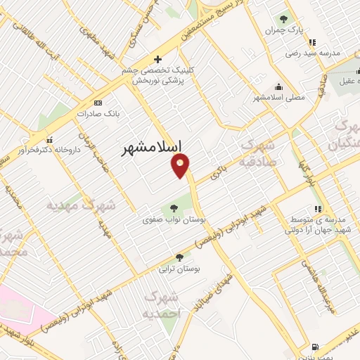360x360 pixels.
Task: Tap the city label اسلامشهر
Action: pyautogui.click(x=152, y=148)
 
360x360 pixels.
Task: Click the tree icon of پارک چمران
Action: pyautogui.click(x=283, y=19)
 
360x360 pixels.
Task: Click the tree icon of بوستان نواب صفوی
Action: pyautogui.click(x=172, y=207)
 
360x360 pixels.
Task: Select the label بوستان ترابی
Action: pyautogui.click(x=179, y=269)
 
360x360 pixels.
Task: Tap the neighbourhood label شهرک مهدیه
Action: pyautogui.click(x=79, y=205)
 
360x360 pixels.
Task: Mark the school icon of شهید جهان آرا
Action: pyautogui.click(x=318, y=209)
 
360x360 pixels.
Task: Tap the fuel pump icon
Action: pyautogui.click(x=314, y=347)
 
